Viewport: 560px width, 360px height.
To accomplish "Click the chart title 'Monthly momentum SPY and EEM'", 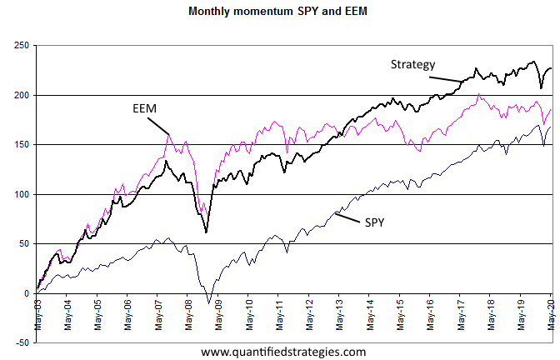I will [x=278, y=12].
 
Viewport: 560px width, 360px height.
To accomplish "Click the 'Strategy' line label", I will [x=414, y=64].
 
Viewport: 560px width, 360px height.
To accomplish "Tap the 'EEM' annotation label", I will [x=145, y=109].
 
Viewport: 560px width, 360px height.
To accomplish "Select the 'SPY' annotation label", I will [x=376, y=222].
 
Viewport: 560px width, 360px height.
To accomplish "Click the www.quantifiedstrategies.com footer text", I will [x=283, y=352].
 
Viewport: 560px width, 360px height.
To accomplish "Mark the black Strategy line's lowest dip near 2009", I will [x=207, y=232].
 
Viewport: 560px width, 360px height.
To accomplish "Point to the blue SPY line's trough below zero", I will [x=209, y=303].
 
